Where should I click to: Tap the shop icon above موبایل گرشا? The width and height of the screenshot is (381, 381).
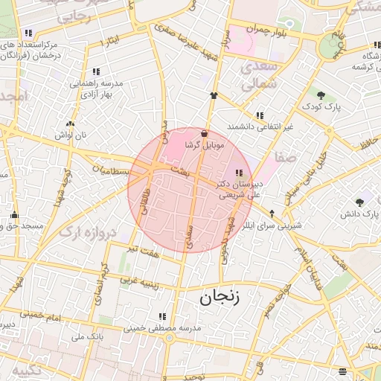point(205,133)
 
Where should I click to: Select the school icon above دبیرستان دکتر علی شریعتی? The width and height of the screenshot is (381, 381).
point(238,173)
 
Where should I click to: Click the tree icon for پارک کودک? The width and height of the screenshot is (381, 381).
point(321,95)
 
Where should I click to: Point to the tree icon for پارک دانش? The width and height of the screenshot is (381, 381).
point(360,202)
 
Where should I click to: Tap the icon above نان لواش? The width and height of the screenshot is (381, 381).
point(70,124)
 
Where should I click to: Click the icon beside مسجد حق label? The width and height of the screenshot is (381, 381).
point(14,215)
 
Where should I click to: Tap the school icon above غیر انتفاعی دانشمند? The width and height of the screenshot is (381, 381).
point(260,115)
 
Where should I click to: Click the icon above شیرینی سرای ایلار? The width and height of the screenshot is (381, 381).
point(272,212)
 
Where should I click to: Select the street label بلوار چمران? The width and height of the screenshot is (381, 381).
point(266,29)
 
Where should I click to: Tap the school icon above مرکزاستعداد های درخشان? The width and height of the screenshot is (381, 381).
point(28,33)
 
